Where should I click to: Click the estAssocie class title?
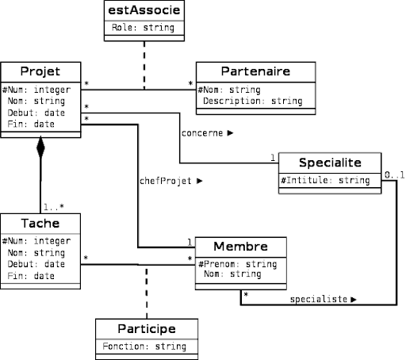pos(144,10)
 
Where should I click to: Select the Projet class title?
pos(40,72)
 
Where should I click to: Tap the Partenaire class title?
pos(255,71)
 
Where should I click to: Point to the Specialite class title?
pos(330,163)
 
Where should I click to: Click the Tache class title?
pos(40,224)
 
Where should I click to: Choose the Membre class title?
pos(240,247)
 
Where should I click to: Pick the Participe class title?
pos(147,329)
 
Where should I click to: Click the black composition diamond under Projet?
pos(40,147)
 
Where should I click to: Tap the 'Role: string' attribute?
pos(143,28)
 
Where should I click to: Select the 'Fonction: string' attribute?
pos(144,347)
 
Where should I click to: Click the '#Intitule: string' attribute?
pos(325,181)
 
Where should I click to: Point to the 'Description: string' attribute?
pos(253,101)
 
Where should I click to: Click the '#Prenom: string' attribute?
pos(238,264)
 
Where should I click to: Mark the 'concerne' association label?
pos(202,133)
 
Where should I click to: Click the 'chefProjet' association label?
pos(165,181)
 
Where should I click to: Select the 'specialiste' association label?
pos(319,299)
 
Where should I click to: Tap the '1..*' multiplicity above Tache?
pos(54,207)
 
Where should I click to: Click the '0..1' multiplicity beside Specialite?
pos(394,175)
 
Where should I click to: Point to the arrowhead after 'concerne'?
pos(230,133)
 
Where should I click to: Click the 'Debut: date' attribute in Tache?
pos(36,264)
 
